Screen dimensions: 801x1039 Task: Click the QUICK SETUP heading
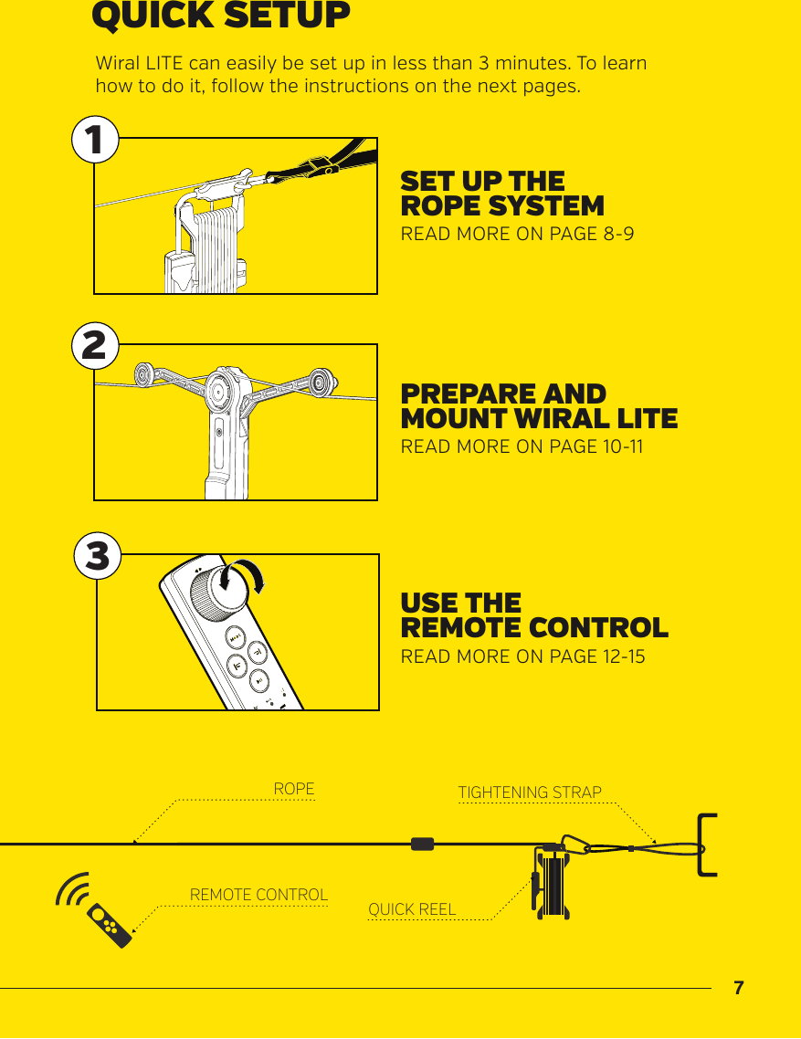tap(221, 16)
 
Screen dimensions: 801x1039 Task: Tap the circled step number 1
tap(95, 140)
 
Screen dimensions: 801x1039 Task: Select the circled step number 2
tap(95, 346)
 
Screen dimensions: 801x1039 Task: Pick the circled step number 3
tap(97, 556)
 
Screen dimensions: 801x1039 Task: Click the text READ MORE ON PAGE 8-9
tap(517, 234)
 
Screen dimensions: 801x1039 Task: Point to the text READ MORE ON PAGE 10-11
tap(522, 446)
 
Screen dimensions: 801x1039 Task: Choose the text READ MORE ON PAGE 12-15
tap(522, 656)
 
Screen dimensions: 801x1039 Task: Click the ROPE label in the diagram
tap(294, 789)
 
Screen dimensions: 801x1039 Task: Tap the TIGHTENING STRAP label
tap(530, 792)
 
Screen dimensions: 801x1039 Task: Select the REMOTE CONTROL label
tap(258, 895)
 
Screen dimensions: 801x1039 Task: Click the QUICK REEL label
tap(412, 909)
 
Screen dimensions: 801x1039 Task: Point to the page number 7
tap(739, 988)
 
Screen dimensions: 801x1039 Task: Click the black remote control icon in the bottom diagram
tap(111, 925)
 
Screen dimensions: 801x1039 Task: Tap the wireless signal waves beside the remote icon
tap(73, 889)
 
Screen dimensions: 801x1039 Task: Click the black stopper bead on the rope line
tap(422, 845)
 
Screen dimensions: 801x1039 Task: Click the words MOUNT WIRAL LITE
tap(539, 419)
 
